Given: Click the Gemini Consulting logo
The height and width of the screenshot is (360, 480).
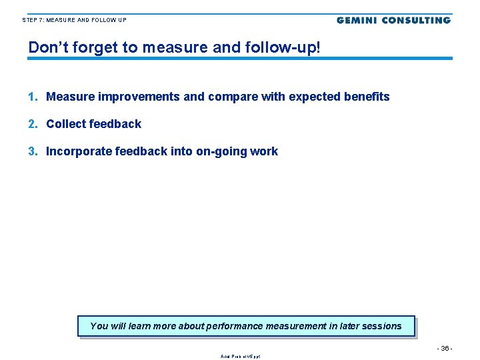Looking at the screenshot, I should tap(393, 20).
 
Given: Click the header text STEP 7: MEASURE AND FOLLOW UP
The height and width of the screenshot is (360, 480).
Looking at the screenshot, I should tap(74, 20).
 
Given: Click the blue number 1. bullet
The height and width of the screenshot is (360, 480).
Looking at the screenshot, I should tap(33, 97).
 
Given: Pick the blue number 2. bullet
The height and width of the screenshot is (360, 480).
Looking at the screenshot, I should tap(33, 124).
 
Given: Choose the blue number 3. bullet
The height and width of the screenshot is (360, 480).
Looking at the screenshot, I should tap(33, 151).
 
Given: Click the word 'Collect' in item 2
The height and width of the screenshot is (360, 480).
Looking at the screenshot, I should tap(65, 124).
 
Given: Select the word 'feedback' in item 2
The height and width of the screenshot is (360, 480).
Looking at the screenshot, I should tap(115, 124).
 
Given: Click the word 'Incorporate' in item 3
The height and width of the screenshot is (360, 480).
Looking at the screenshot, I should tap(79, 151).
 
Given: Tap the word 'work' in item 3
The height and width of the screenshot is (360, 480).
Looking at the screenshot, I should tap(263, 151).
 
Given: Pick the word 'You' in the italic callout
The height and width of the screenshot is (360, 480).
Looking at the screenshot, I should tap(99, 326).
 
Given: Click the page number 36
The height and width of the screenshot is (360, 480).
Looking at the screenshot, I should tap(445, 348).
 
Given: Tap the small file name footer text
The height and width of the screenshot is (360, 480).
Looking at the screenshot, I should tap(240, 356).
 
